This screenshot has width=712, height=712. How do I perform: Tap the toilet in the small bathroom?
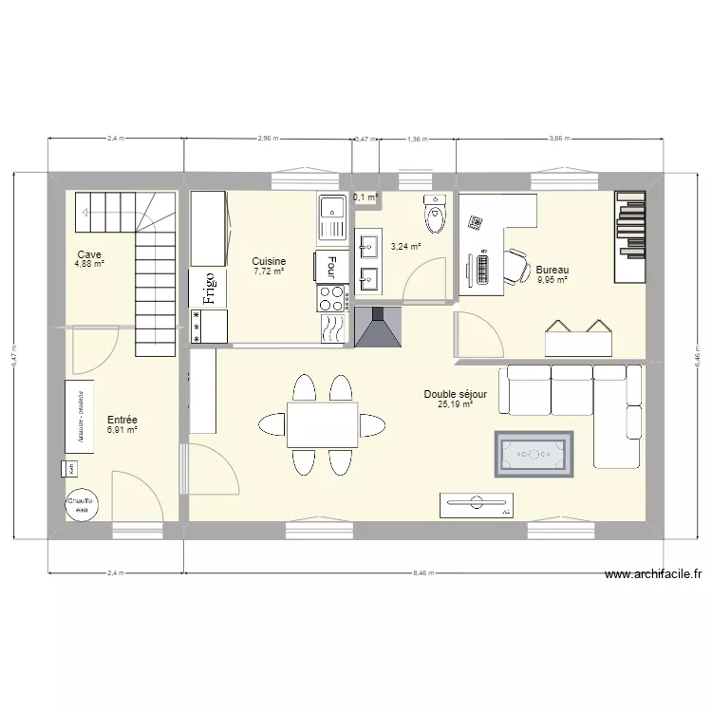click(436, 215)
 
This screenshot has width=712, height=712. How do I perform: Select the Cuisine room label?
click(269, 261)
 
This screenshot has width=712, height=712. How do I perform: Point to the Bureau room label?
click(552, 269)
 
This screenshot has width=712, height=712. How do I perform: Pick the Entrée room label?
click(122, 419)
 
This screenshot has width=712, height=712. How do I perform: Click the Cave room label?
click(90, 254)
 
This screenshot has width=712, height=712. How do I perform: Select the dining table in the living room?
click(322, 423)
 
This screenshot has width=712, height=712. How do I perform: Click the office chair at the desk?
click(514, 267)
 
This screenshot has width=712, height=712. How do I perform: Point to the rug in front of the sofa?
click(534, 455)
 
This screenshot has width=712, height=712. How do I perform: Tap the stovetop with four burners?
click(331, 298)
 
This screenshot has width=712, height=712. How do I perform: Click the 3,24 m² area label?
click(405, 246)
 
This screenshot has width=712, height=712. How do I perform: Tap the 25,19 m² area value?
click(455, 404)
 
